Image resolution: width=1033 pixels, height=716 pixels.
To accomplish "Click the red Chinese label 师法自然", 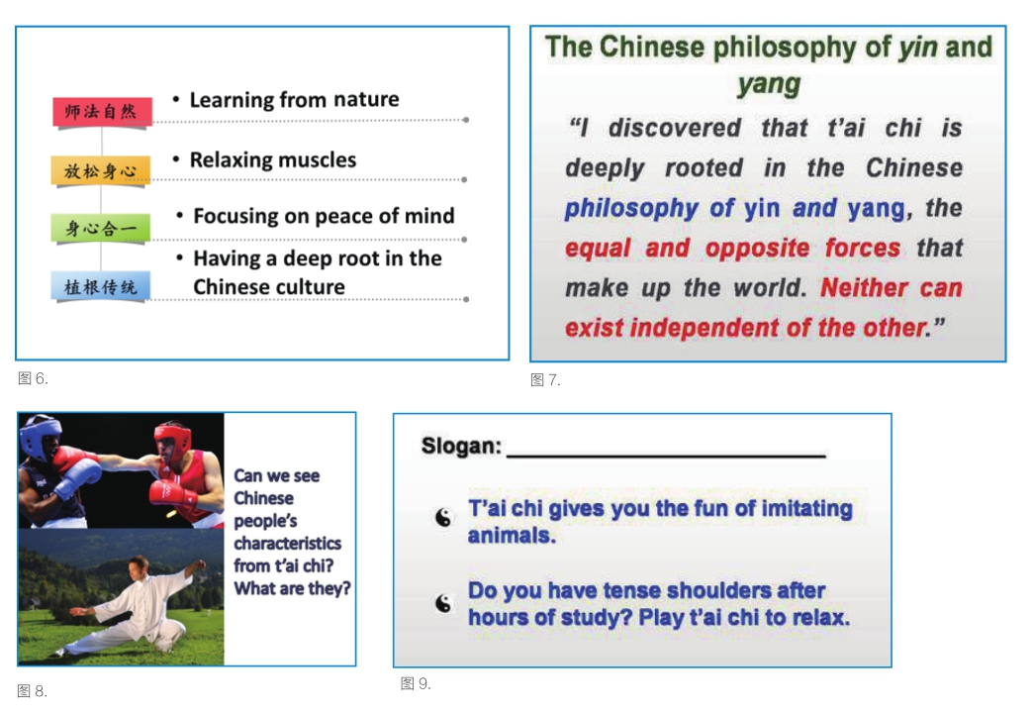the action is pos(102,111).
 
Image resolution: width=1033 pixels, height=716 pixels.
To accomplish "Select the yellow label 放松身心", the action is pos(101,170).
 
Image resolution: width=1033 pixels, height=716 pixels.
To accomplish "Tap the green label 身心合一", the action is pos(101,228).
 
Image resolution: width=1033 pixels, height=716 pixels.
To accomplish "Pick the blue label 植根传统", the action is pos(101,287).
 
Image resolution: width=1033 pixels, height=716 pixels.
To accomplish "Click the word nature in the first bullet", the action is pos(366,100).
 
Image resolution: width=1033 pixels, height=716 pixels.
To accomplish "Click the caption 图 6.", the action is pos(33,378).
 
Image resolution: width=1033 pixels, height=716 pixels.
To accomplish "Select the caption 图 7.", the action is pos(545,379).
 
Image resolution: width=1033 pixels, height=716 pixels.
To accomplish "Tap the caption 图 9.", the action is pos(416,683).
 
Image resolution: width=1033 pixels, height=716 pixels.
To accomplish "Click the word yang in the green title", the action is pos(769,84).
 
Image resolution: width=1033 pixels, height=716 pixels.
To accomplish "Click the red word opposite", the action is pos(757,249).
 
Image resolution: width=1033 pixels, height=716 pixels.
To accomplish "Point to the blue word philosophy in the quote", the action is pos(631,209).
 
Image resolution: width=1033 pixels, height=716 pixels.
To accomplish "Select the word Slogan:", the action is pos(461,447).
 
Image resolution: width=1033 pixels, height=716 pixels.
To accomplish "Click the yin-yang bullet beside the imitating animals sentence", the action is pos(443,518).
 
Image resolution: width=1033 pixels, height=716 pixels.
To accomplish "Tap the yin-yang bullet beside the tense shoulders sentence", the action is pos(443,603).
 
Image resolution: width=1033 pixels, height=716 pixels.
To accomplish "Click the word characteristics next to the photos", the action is pos(287,544).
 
